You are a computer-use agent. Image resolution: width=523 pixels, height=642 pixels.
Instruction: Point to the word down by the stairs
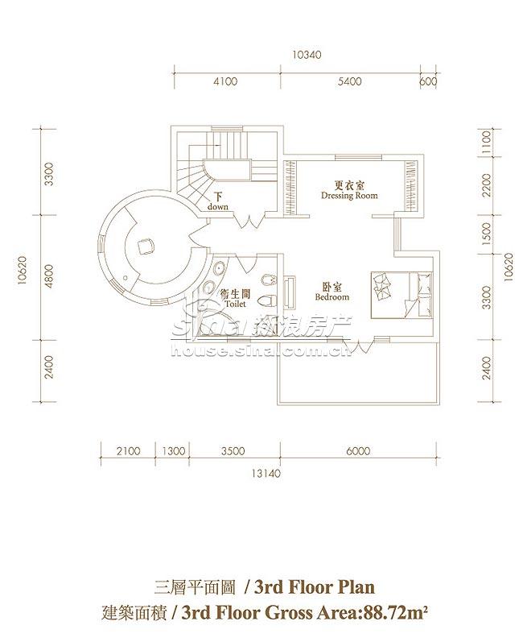[x=217, y=207]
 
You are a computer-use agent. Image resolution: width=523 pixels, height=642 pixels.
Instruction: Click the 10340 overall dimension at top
[x=307, y=55]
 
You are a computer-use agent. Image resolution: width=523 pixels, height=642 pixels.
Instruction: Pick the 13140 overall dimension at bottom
[x=266, y=474]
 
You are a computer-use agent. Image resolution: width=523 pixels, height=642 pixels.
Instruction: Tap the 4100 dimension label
[x=225, y=81]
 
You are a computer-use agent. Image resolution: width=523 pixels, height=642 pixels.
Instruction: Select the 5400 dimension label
[x=350, y=81]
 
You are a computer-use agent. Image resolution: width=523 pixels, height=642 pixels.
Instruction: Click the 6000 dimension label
[x=358, y=451]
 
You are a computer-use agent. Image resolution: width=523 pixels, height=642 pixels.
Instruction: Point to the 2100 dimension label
[x=129, y=451]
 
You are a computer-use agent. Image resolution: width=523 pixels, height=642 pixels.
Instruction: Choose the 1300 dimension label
[x=173, y=451]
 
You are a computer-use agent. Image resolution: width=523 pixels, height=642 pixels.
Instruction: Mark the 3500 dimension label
[x=233, y=451]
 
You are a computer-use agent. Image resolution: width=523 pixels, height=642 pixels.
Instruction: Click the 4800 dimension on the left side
[x=49, y=277]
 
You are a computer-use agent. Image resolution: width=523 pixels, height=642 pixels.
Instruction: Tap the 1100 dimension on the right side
[x=486, y=143]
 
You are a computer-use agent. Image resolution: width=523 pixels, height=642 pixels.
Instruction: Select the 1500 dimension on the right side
[x=486, y=234]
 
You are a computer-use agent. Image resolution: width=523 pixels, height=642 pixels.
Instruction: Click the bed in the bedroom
[x=402, y=294]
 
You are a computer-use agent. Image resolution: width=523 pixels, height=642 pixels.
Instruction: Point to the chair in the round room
[x=146, y=246]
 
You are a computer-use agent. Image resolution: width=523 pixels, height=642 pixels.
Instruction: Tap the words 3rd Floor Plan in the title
[x=315, y=587]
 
